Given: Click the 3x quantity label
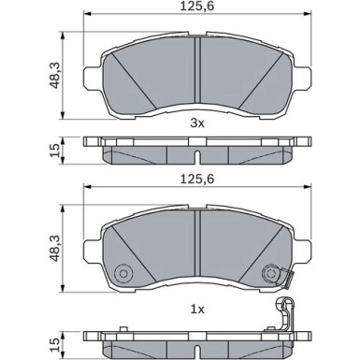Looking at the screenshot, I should (x=193, y=121).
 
